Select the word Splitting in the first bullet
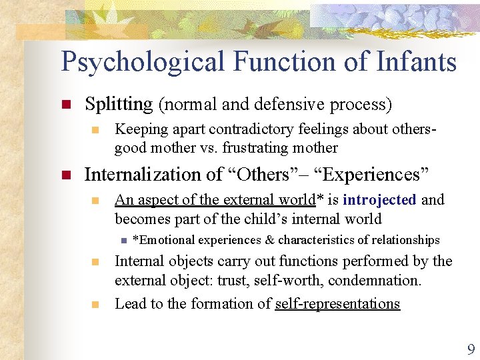pyautogui.click(x=119, y=104)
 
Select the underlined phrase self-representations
pyautogui.click(x=337, y=304)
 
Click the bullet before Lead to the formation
pyautogui.click(x=95, y=305)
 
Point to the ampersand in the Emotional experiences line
pyautogui.click(x=269, y=240)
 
